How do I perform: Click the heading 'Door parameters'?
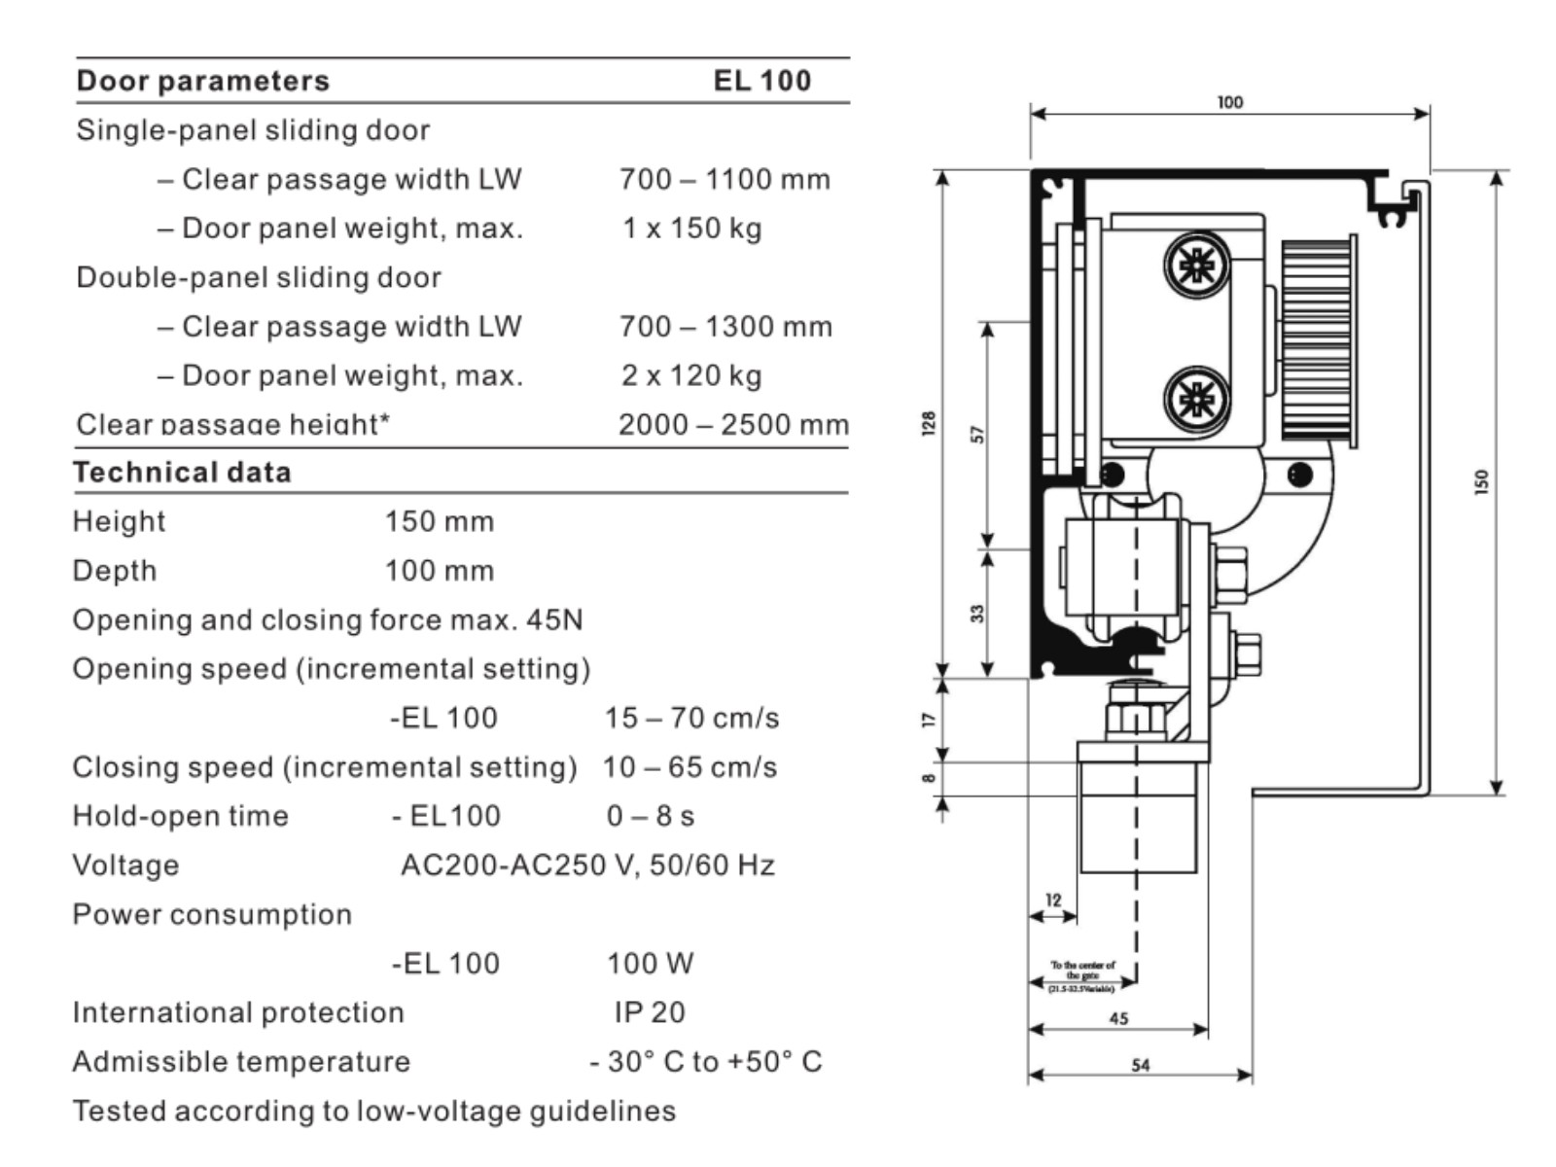pyautogui.click(x=202, y=81)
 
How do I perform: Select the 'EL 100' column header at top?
pyautogui.click(x=761, y=81)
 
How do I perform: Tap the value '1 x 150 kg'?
pyautogui.click(x=691, y=229)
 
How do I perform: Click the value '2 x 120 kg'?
pyautogui.click(x=691, y=375)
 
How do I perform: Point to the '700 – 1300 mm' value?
pyautogui.click(x=725, y=327)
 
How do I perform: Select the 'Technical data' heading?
pyautogui.click(x=182, y=473)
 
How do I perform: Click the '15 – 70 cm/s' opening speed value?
pyautogui.click(x=691, y=719)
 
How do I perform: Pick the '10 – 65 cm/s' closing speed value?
pyautogui.click(x=690, y=767)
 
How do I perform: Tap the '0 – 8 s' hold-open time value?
pyautogui.click(x=650, y=816)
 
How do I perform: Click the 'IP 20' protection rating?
pyautogui.click(x=649, y=1012)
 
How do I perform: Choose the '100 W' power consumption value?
pyautogui.click(x=650, y=964)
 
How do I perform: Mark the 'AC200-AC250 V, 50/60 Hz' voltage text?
pyautogui.click(x=587, y=866)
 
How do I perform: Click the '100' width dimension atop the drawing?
pyautogui.click(x=1229, y=102)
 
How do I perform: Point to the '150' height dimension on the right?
pyautogui.click(x=1481, y=481)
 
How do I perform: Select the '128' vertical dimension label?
pyautogui.click(x=929, y=423)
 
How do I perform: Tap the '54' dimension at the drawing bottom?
pyautogui.click(x=1140, y=1065)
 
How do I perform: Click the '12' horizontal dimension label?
pyautogui.click(x=1053, y=901)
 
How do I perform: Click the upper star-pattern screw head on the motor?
pyautogui.click(x=1196, y=265)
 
